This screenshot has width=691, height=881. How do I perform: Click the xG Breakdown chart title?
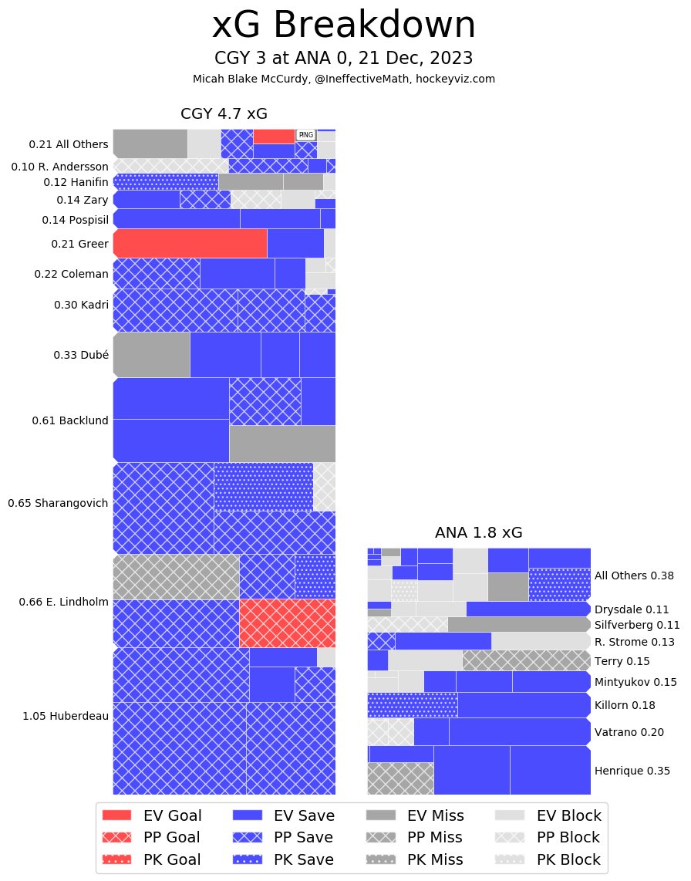344,25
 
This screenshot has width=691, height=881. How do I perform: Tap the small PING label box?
306,134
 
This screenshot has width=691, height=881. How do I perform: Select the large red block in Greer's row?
190,243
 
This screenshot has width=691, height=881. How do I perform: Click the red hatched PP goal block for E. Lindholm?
287,623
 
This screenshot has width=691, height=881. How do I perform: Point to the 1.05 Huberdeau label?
66,716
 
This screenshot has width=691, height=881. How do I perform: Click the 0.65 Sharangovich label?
58,503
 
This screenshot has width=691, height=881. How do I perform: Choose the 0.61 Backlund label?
70,420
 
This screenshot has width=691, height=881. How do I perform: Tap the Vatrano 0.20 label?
629,732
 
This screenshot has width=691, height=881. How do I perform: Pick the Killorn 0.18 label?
625,705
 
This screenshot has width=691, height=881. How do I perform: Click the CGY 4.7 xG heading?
224,114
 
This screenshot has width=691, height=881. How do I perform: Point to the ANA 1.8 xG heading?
478,532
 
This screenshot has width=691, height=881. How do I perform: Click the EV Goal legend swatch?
116,815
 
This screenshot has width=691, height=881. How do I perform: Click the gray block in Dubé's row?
151,355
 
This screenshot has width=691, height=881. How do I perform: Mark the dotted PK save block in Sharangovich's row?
263,486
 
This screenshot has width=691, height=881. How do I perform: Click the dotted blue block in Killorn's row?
412,705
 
